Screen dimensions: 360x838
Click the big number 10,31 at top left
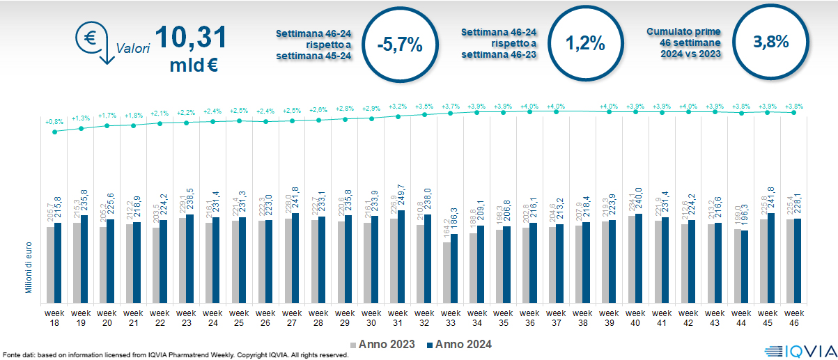coord(190,38)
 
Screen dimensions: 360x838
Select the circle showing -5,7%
coord(398,45)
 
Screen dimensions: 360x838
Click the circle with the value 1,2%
coord(584,43)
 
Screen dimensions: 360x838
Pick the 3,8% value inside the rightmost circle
coord(770,41)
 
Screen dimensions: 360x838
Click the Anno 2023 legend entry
coord(382,344)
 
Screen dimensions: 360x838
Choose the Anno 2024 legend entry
coord(458,344)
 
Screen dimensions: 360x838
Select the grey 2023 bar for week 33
coord(446,272)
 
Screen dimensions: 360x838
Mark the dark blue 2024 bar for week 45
coord(771,258)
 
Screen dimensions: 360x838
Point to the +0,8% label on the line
coord(54,122)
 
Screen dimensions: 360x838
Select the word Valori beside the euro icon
coord(133,49)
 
